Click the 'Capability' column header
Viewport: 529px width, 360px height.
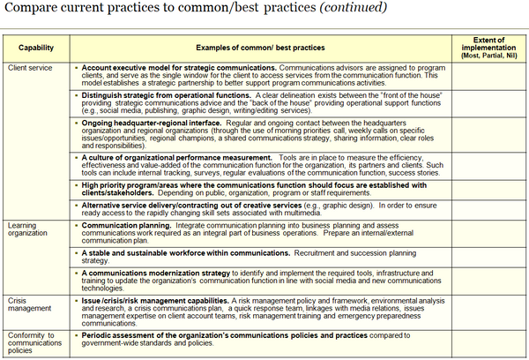coord(34,44)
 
